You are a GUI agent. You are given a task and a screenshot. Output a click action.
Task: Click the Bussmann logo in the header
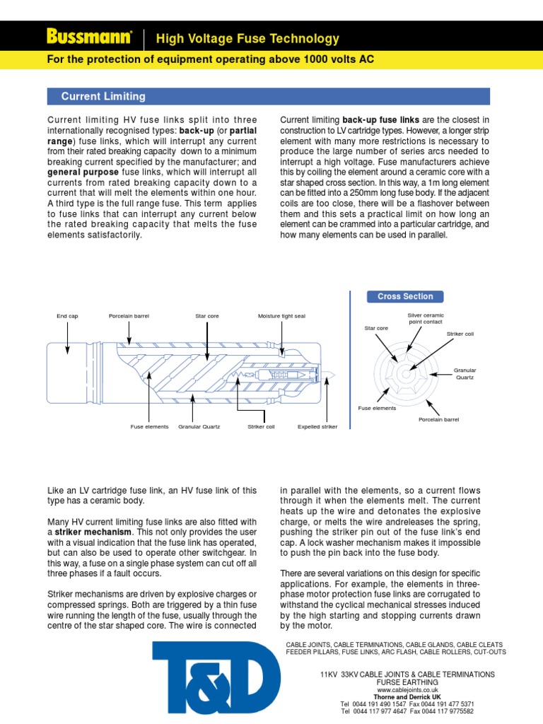(x=89, y=37)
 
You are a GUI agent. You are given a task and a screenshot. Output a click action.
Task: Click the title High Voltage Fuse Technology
(x=247, y=39)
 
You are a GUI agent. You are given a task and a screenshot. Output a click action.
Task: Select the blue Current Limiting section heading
(x=103, y=96)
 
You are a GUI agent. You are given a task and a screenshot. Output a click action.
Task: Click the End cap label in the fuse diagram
(x=67, y=316)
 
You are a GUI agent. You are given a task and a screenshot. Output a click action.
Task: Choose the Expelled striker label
(x=317, y=427)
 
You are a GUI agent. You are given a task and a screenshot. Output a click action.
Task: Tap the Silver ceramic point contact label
(x=426, y=318)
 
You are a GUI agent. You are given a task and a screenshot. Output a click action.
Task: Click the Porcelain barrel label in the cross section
(x=439, y=419)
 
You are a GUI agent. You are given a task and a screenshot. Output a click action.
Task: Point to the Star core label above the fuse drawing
(x=207, y=316)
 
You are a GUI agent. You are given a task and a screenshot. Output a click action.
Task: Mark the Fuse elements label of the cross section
(x=377, y=408)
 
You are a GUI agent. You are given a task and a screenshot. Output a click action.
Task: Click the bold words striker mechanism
(x=93, y=532)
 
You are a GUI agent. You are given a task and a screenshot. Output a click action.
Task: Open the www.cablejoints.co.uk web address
(x=407, y=690)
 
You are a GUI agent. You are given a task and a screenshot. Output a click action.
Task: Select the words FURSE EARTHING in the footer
(x=407, y=682)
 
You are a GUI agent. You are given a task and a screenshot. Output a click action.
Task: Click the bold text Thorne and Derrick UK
(x=407, y=697)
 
